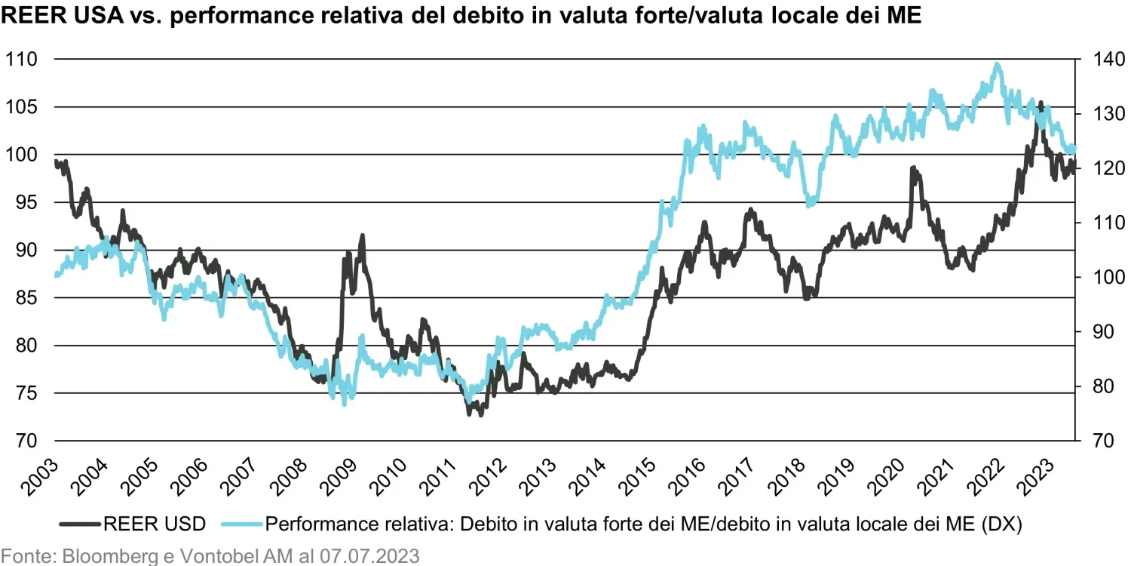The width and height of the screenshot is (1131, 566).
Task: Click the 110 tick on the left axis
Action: point(21,59)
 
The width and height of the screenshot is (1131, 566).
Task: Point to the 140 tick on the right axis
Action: point(1109,59)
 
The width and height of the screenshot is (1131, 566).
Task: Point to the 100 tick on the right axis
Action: point(1109,277)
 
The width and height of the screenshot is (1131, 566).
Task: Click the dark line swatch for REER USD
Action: point(80,524)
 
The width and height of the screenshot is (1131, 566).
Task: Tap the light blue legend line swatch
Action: point(242,524)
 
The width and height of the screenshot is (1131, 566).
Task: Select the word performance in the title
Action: point(287,16)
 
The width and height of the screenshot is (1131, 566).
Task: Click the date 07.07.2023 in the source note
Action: point(369,556)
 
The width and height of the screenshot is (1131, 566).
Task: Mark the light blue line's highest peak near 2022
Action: point(997,64)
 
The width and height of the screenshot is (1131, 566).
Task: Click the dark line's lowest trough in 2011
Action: point(480,414)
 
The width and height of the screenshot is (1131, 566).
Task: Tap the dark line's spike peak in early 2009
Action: point(362,236)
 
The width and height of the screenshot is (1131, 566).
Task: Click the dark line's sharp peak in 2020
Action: point(913,168)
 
